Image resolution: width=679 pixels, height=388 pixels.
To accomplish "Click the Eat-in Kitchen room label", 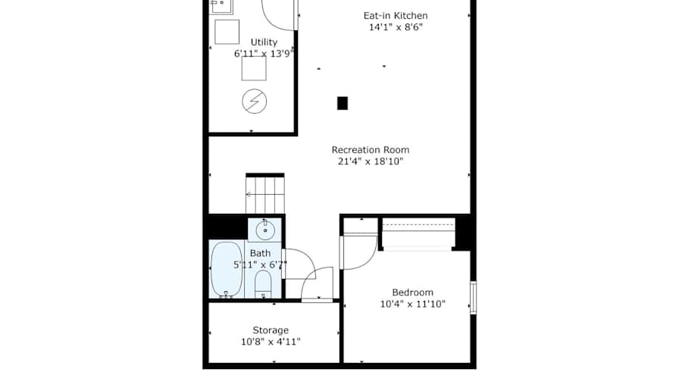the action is tap(396, 16).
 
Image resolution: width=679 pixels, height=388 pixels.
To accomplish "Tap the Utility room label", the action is tap(264, 42).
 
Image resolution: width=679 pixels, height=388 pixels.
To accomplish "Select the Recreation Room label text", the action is tap(371, 150).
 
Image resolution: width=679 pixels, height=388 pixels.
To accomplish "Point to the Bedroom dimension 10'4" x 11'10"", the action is tap(412, 304).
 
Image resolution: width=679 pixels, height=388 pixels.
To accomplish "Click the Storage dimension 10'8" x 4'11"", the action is tap(271, 342).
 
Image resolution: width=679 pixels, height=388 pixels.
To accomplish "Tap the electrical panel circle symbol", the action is tap(254, 102).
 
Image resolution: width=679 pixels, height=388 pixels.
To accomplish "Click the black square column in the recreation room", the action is tap(343, 103).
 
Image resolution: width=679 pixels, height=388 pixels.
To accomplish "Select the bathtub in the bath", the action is tap(227, 269).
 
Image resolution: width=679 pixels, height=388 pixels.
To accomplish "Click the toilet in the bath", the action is tap(263, 283).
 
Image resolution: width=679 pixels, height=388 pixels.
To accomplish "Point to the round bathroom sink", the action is tap(265, 230).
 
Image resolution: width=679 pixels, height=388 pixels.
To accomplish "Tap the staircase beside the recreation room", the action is tap(265, 194).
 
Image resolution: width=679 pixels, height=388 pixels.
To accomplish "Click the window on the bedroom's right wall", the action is tap(474, 298).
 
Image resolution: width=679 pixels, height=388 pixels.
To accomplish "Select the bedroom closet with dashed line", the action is tap(418, 234).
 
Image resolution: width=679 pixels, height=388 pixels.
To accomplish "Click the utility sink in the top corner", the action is tap(221, 6).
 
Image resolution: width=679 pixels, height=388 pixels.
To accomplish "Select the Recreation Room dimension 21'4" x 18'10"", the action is tap(371, 161).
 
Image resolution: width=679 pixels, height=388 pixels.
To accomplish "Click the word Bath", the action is tap(260, 253).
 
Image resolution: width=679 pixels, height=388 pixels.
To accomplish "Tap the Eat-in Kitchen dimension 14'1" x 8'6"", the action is tap(396, 27).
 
